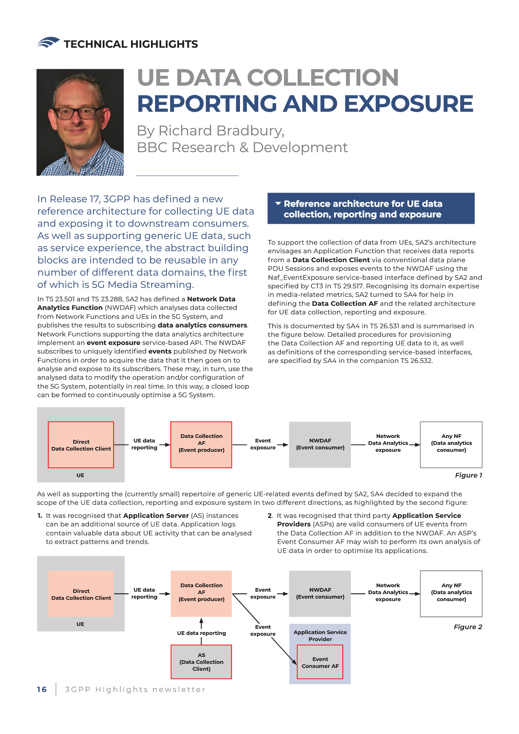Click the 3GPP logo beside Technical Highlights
click(48, 42)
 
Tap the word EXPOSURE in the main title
click(408, 104)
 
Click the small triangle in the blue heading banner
click(278, 203)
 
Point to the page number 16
click(42, 689)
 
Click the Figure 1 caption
click(468, 475)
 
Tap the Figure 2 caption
click(468, 627)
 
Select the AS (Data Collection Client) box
click(201, 661)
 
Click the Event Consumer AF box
click(320, 662)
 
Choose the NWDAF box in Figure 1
click(320, 444)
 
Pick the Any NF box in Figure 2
click(451, 593)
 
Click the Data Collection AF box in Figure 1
click(201, 444)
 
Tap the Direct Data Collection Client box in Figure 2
click(81, 594)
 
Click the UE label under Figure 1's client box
click(80, 475)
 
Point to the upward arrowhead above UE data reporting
click(201, 621)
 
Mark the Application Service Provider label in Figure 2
click(320, 635)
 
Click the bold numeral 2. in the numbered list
click(270, 515)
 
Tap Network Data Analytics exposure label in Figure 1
click(388, 443)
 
